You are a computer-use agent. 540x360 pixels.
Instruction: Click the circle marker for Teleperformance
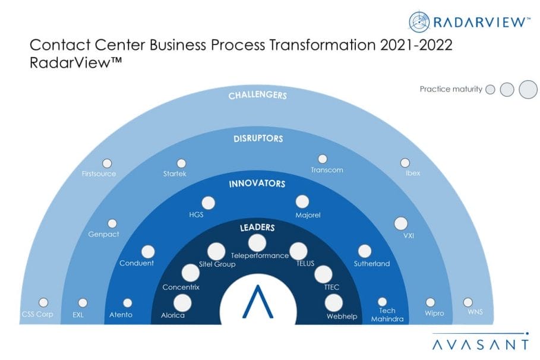click(x=257, y=243)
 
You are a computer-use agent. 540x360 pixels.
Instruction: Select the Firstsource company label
click(x=99, y=173)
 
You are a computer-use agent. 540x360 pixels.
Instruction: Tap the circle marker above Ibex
click(x=405, y=163)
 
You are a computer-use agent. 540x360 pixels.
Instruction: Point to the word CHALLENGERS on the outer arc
click(x=258, y=95)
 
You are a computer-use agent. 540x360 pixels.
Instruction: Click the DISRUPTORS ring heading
click(x=258, y=138)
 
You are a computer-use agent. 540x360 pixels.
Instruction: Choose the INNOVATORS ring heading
click(x=257, y=184)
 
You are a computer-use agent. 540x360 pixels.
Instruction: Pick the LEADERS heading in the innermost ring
click(x=257, y=228)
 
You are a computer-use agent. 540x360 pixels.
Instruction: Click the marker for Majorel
click(x=302, y=202)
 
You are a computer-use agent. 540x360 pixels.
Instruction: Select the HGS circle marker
click(x=208, y=203)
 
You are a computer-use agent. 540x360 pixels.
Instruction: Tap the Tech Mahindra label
click(x=387, y=315)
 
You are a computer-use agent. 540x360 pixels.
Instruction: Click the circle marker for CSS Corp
click(x=43, y=302)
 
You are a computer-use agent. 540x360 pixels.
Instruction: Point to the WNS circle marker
click(x=468, y=302)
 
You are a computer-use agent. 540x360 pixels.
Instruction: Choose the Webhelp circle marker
click(x=333, y=303)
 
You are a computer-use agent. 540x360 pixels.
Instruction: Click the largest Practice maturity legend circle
click(x=528, y=89)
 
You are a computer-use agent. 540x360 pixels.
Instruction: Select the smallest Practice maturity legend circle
click(x=490, y=90)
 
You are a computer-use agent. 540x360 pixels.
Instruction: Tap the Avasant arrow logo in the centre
click(x=258, y=301)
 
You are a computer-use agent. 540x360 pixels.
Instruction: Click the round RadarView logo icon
click(x=419, y=22)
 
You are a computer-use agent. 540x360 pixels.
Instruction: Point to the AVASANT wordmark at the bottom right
click(x=480, y=345)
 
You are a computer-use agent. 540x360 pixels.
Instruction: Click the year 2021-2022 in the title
click(x=416, y=45)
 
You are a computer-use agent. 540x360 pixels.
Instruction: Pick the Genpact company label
click(x=103, y=234)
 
